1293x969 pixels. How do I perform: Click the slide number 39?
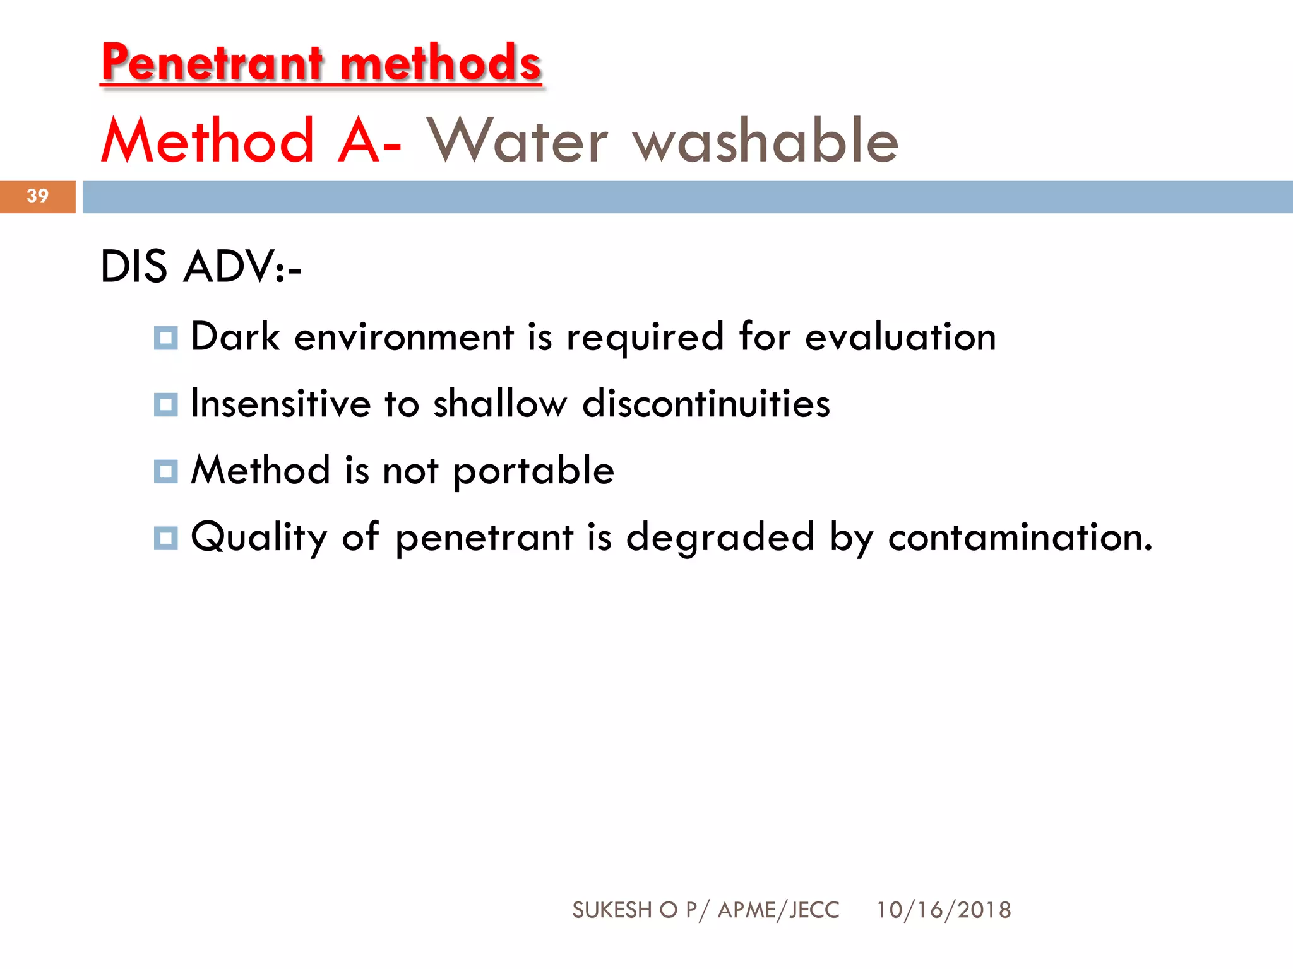point(38,196)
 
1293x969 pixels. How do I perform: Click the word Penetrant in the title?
point(212,63)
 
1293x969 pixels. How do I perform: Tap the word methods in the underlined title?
point(441,63)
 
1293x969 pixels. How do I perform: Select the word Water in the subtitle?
point(517,141)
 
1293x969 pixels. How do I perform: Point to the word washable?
point(766,141)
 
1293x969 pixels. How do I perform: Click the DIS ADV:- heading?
point(201,267)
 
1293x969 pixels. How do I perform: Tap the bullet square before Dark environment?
point(165,338)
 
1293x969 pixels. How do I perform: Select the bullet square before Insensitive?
point(165,404)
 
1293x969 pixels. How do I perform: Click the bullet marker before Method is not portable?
point(165,471)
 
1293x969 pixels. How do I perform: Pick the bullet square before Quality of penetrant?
point(165,538)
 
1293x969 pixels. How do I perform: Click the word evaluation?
point(900,337)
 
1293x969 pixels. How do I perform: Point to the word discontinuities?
point(706,404)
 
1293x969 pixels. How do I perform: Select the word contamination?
point(1020,537)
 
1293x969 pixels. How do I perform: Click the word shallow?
point(500,404)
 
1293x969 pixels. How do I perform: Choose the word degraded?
point(720,537)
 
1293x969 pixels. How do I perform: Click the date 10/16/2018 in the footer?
point(943,910)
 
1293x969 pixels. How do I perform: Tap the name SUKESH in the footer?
point(612,910)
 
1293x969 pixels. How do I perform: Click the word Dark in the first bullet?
point(235,337)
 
